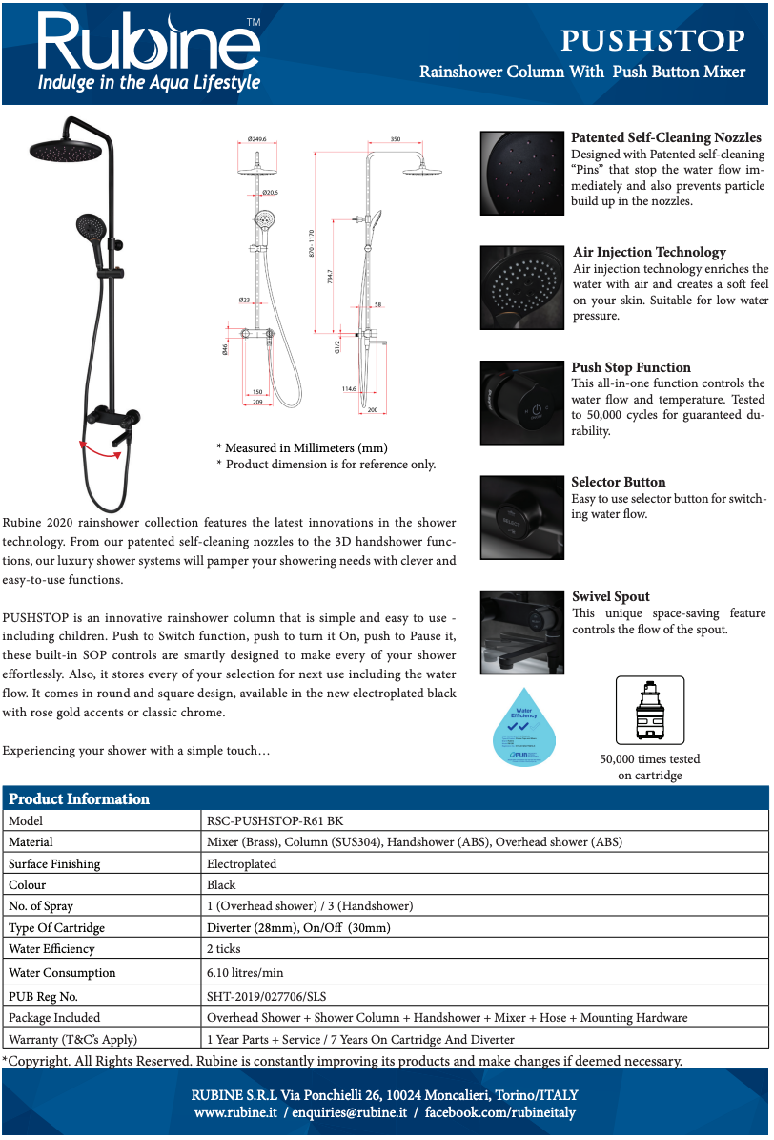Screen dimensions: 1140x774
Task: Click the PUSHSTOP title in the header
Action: tap(653, 40)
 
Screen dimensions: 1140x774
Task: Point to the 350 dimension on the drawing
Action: tap(396, 139)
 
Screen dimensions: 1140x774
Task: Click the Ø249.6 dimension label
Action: tap(256, 139)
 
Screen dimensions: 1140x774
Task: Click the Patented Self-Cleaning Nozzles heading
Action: tap(666, 138)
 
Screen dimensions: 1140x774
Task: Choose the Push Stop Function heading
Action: tap(631, 367)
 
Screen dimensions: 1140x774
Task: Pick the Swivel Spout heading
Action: tap(610, 596)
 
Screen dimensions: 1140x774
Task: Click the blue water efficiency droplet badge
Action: tap(525, 726)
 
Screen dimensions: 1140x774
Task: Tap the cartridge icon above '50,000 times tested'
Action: tap(650, 711)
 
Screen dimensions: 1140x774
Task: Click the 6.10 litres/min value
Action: tap(245, 973)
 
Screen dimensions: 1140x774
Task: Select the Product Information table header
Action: tap(79, 798)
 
